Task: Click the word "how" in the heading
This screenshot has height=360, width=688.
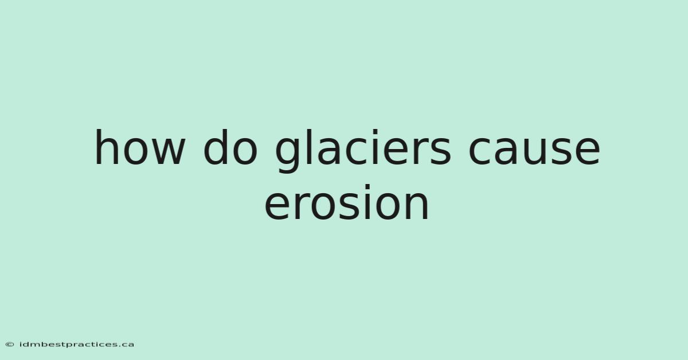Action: point(140,147)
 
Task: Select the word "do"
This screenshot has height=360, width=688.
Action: point(230,147)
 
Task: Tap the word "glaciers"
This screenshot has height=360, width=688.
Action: point(363,151)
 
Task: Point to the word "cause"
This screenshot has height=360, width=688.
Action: point(534,151)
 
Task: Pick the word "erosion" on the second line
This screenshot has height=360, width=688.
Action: point(347,202)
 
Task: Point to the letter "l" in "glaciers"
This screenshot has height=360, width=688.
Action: point(310,147)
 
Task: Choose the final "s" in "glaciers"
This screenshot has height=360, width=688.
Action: point(440,151)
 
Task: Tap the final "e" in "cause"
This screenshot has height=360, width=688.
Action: point(588,151)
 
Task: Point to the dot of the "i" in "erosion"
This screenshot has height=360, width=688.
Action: point(368,187)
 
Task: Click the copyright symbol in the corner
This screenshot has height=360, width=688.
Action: point(10,345)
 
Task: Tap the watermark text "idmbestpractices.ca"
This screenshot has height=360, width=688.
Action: point(76,345)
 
